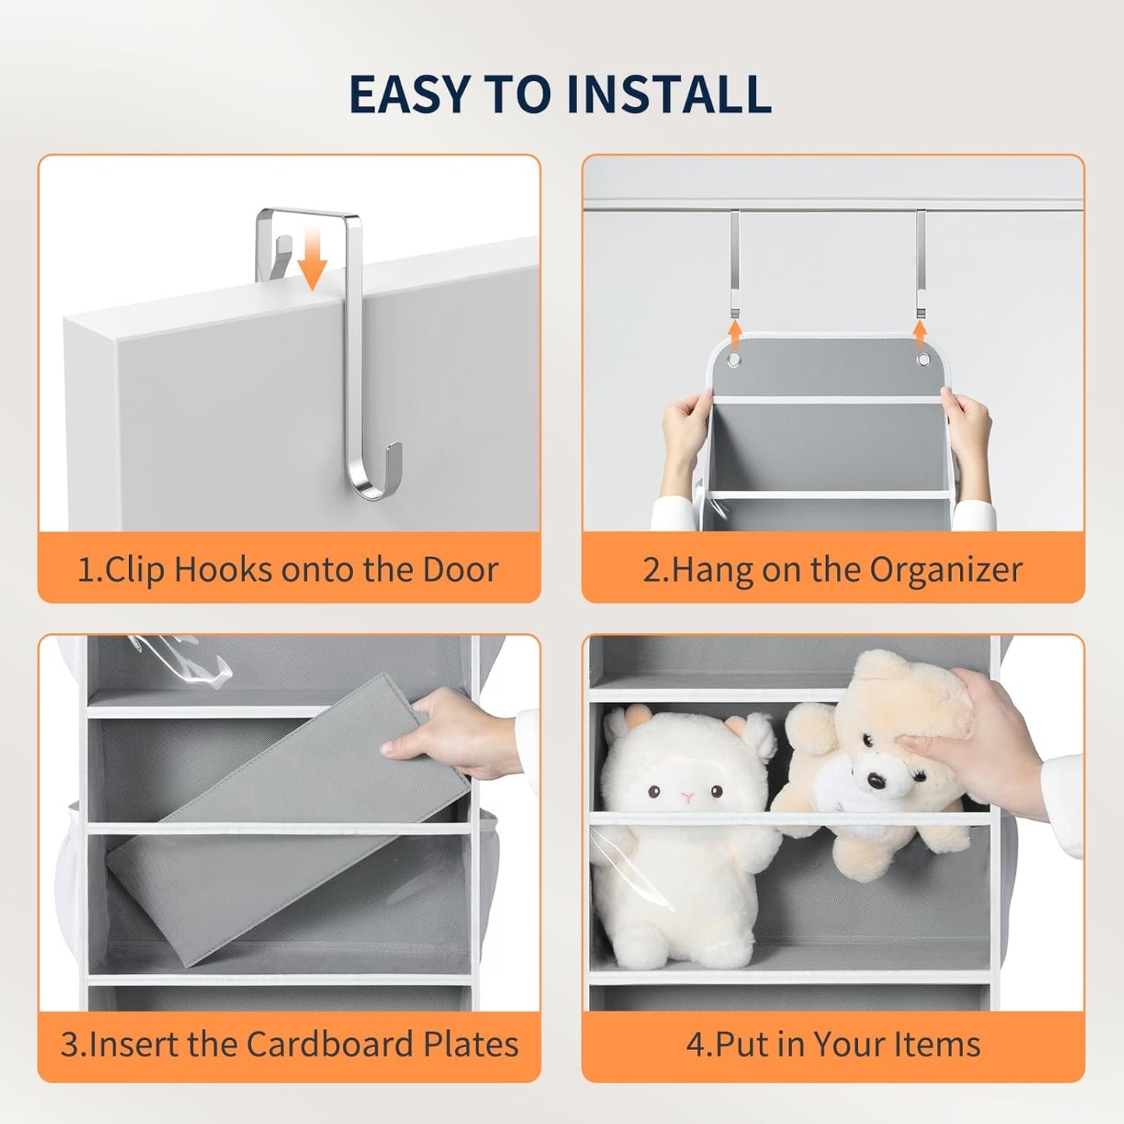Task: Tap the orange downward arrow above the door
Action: [x=312, y=259]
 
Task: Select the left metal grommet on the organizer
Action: [x=734, y=359]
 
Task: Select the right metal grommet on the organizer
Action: [x=923, y=359]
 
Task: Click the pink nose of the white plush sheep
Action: [x=688, y=797]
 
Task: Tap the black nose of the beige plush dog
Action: [x=874, y=779]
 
